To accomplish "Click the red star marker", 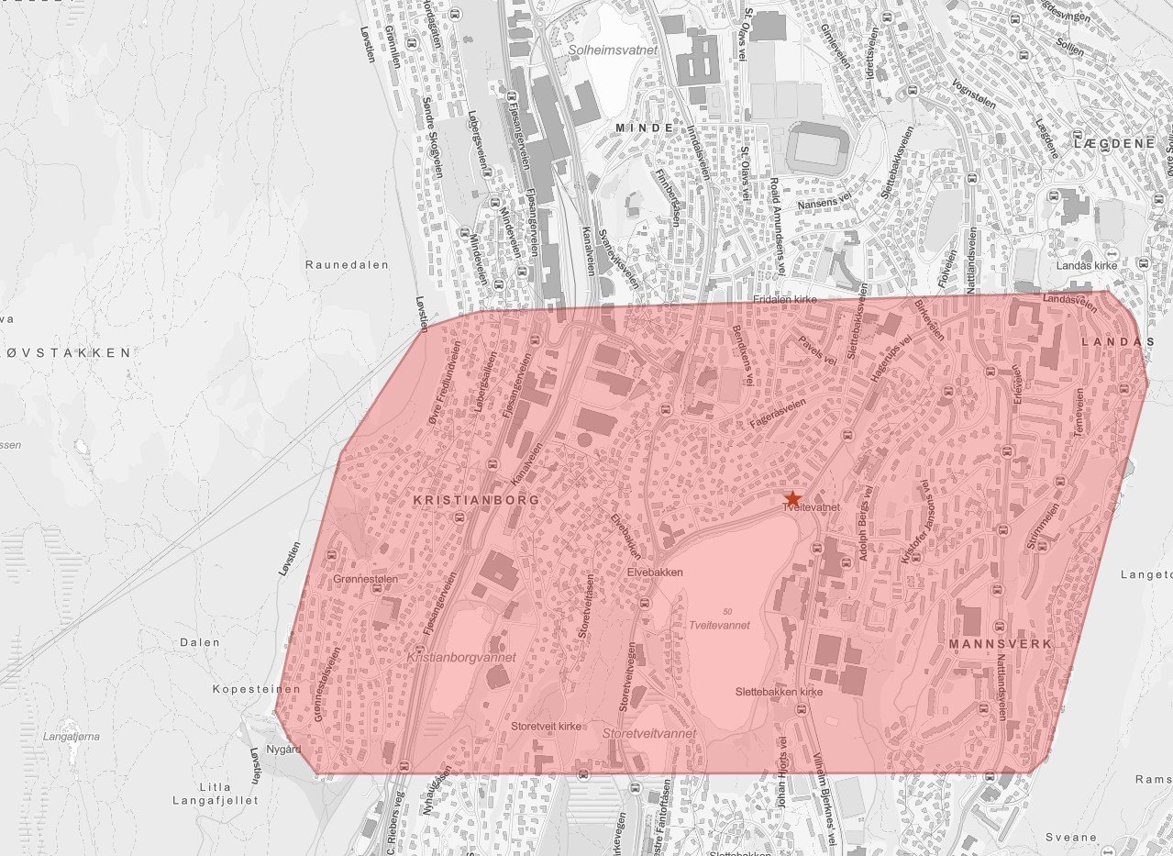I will [793, 496].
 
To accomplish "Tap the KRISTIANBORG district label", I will [463, 501].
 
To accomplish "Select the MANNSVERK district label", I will [1000, 644].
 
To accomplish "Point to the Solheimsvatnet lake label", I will [613, 50].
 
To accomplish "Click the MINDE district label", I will [644, 128].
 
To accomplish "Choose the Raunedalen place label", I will [347, 264].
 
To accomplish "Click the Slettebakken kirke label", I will [780, 692].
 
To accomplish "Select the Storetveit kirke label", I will [547, 727].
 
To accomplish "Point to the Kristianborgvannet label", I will [461, 658].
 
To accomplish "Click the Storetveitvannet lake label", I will [649, 734].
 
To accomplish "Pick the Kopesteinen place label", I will [244, 689].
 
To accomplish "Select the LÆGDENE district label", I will [1112, 144].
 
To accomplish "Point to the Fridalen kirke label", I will [785, 300].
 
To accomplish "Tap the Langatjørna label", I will [71, 736].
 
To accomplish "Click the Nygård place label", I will [283, 750].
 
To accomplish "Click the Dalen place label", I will [200, 642].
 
